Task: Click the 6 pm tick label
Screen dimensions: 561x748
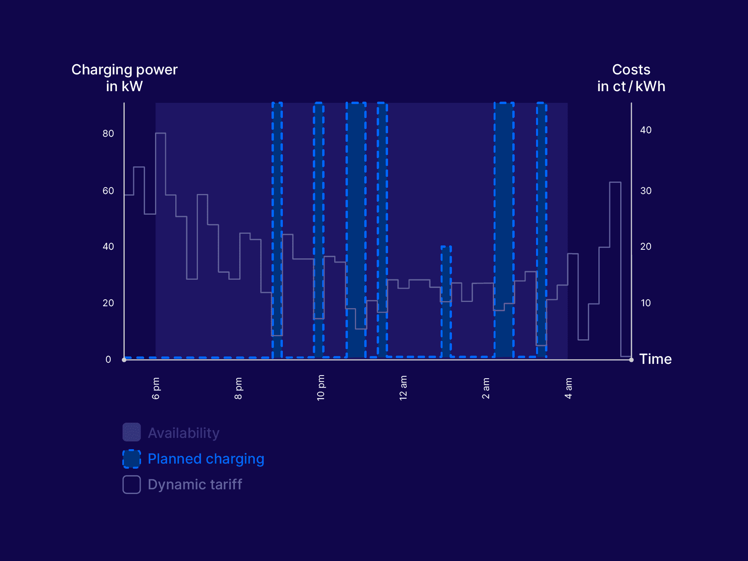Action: tap(156, 388)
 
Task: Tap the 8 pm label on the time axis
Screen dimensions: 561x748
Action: tap(238, 388)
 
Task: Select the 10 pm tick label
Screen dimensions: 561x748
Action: tap(321, 388)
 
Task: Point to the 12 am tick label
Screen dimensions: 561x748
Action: tap(403, 388)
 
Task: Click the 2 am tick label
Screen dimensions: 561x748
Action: tap(486, 388)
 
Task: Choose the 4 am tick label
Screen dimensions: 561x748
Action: tap(568, 388)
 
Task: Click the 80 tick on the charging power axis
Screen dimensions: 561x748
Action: tap(108, 134)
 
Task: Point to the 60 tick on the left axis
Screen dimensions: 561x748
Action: tap(108, 191)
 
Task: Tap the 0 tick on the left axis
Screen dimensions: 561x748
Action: tap(108, 360)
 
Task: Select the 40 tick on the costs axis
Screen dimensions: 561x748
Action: tap(646, 130)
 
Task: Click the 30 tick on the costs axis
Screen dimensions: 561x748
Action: tap(646, 191)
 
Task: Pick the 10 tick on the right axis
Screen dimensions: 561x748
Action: tap(646, 303)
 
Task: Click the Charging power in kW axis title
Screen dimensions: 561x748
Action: tap(124, 78)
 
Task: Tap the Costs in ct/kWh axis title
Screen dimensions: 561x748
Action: tap(631, 78)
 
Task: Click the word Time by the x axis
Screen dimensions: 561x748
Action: tap(655, 359)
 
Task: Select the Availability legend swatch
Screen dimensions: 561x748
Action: tap(132, 432)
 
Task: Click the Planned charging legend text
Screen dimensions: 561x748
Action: tap(206, 459)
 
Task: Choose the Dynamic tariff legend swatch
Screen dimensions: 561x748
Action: tap(132, 485)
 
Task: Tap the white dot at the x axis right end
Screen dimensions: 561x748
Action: tap(631, 360)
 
